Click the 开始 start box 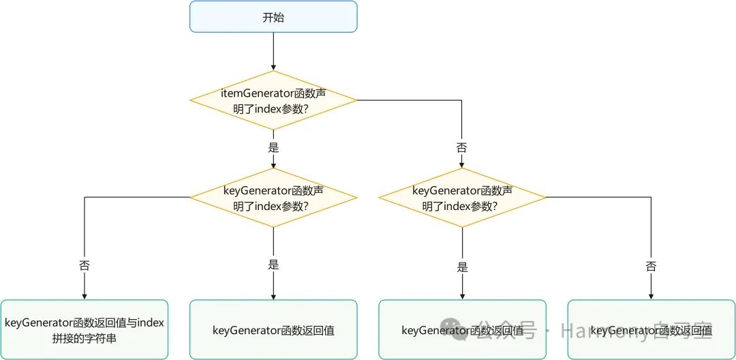tap(273, 17)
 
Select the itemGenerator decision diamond tap(273, 101)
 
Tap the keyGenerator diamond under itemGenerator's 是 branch tap(273, 198)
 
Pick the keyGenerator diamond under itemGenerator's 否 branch tap(462, 198)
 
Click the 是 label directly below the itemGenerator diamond tap(273, 147)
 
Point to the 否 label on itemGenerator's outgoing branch tap(462, 147)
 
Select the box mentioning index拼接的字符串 tap(85, 330)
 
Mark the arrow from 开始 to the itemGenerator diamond tap(273, 51)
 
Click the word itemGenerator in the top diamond tap(252, 93)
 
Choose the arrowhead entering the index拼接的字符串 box tap(85, 296)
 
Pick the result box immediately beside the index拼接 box tap(273, 330)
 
